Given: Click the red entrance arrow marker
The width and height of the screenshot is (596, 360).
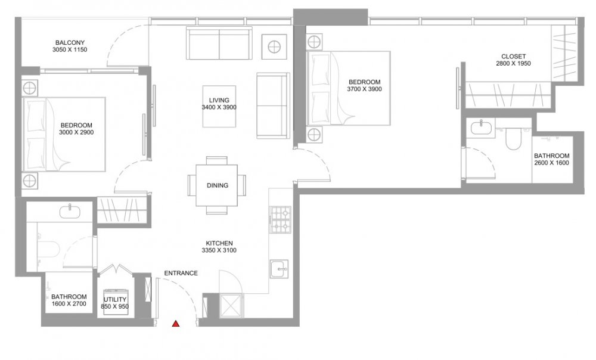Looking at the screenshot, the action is (176, 324).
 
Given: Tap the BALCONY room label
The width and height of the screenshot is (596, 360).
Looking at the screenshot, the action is (70, 42).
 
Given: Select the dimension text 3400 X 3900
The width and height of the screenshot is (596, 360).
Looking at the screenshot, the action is (219, 107).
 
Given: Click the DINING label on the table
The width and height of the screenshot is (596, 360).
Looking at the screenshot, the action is (218, 185).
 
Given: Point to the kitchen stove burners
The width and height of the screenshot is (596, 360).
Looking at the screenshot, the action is (280, 220).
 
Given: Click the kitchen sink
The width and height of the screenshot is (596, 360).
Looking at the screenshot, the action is (280, 269).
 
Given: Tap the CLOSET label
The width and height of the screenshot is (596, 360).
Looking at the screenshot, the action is (513, 56).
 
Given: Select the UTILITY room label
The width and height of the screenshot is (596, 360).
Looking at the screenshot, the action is (115, 300).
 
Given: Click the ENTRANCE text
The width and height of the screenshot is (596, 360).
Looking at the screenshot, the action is (181, 273).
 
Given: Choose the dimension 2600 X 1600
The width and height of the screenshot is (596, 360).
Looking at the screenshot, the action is (551, 163).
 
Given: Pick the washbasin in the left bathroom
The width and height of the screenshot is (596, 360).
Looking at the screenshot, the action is (70, 211).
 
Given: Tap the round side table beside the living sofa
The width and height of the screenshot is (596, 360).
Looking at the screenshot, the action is (274, 47).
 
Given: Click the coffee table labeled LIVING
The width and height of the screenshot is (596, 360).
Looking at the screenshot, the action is (219, 107).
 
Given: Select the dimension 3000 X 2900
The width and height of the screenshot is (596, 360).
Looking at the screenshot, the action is (76, 132).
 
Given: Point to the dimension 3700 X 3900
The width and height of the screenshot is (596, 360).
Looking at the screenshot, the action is (364, 89).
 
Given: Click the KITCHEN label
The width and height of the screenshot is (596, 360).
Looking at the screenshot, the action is (219, 243).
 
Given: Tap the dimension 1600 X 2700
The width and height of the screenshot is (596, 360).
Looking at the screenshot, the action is (69, 304).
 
